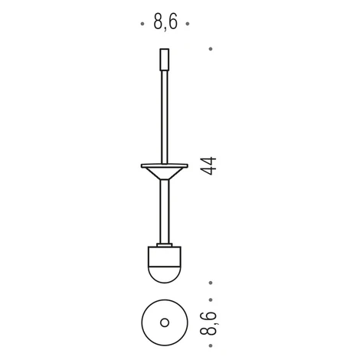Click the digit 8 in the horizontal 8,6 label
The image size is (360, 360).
[x=159, y=21]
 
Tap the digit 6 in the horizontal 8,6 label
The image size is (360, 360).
[x=172, y=21]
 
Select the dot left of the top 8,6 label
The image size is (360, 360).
[x=142, y=24]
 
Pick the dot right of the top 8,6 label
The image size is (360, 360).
[x=188, y=24]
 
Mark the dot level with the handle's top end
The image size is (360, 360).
[x=211, y=49]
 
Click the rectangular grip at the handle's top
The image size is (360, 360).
[x=165, y=60]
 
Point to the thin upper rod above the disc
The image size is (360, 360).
[x=165, y=117]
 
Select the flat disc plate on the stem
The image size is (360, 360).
[x=165, y=165]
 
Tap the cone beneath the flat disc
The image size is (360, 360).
[x=165, y=173]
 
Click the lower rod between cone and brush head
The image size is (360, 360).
[x=165, y=211]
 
